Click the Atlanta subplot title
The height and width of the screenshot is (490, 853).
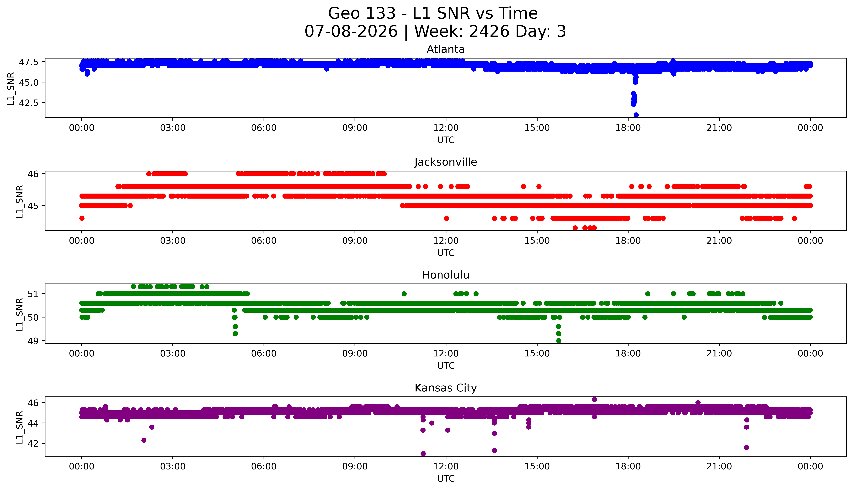446,49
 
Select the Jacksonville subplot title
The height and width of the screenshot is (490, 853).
446,162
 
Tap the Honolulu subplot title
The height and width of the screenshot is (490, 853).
446,275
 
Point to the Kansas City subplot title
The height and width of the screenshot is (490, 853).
446,388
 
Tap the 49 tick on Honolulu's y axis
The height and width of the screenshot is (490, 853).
35,341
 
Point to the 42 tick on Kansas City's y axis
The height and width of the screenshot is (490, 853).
35,444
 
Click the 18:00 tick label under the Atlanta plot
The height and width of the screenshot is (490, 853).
628,128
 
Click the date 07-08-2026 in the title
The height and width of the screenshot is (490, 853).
351,32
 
